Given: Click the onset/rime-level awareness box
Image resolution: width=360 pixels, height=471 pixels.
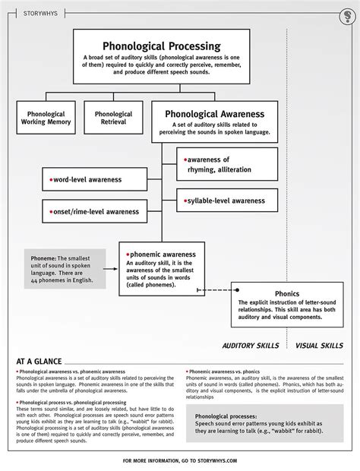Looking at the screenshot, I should click(93, 211).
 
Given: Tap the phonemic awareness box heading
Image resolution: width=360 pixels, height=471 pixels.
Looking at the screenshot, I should click(161, 254).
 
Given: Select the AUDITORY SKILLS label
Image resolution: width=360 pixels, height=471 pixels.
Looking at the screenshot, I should click(250, 346).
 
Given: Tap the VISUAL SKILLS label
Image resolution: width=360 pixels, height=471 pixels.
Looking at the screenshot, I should click(319, 346).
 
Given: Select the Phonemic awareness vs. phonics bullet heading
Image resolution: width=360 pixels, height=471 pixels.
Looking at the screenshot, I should click(226, 372).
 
